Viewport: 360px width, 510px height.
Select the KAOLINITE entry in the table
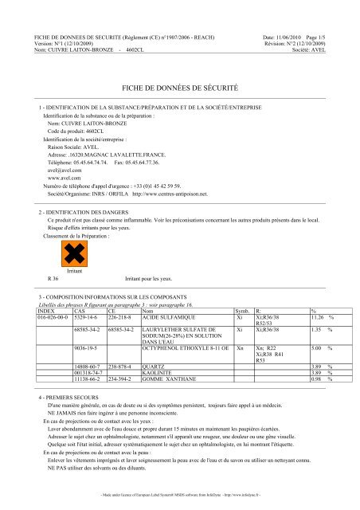(x=162, y=374)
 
